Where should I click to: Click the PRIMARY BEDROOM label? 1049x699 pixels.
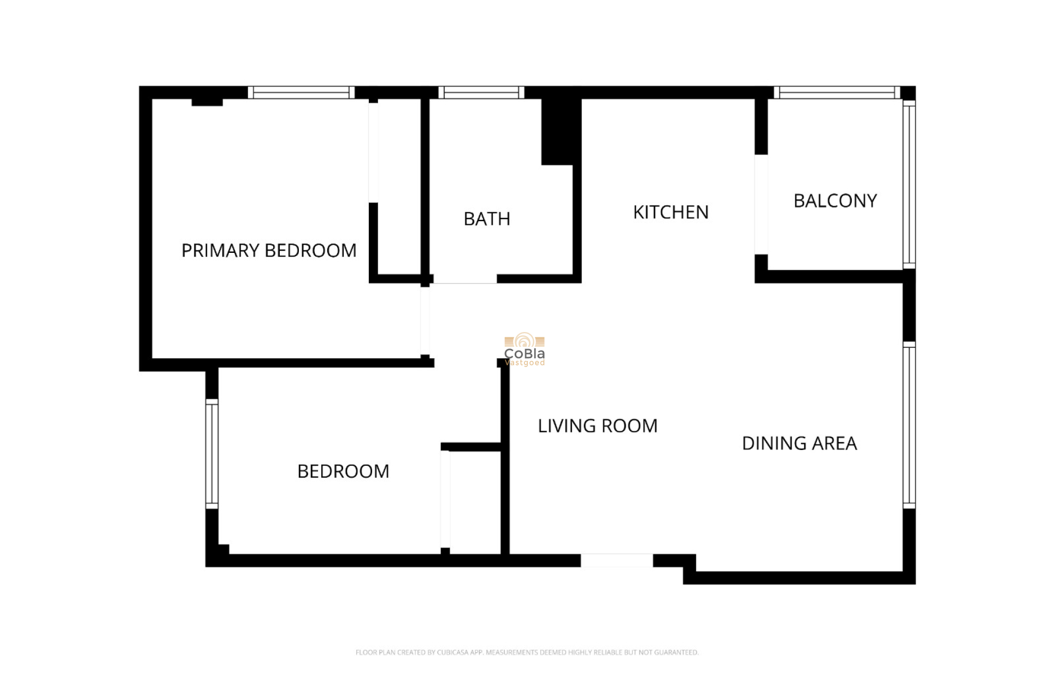coord(269,251)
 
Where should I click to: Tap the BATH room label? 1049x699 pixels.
coord(487,219)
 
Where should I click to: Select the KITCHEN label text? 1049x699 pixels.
coord(670,212)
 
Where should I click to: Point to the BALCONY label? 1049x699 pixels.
coord(835,201)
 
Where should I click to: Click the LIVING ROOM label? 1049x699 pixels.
coord(597,426)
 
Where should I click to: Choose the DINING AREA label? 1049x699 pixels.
coord(799,443)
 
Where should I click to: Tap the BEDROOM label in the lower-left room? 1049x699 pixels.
coord(343,471)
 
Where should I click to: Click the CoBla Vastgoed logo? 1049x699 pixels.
coord(524,350)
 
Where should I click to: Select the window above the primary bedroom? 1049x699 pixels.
coord(301,93)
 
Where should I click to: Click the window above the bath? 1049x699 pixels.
coord(481,93)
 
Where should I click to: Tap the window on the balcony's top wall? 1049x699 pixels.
coord(836,93)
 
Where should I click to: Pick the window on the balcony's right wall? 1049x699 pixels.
coord(909,185)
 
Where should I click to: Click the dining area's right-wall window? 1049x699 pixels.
coord(909,425)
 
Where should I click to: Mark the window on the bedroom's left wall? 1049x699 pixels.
coord(212,454)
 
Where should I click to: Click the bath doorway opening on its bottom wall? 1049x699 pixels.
coord(465,279)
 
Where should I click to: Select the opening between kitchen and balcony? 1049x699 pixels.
coord(761,205)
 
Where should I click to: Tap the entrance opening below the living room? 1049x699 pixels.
coord(616,560)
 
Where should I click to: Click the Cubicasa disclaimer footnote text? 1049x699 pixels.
coord(527,652)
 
